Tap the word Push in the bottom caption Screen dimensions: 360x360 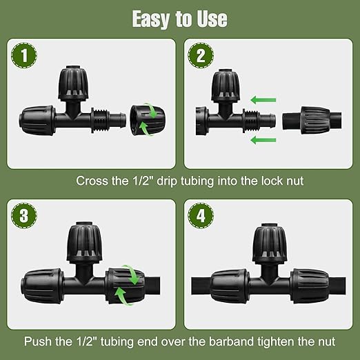tap(39, 341)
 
